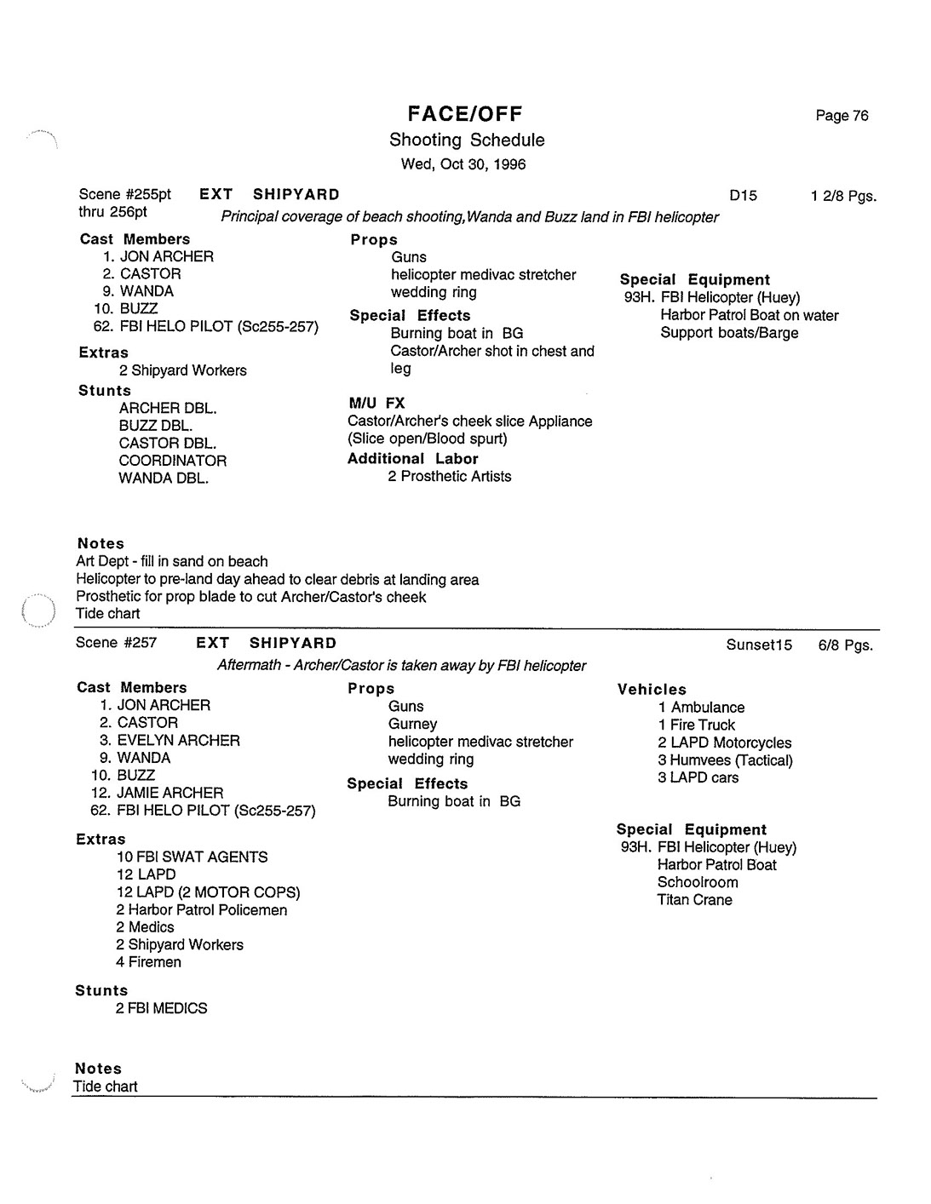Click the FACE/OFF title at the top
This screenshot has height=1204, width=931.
465,114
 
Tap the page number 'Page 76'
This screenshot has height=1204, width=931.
842,116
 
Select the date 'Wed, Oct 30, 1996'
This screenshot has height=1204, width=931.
463,164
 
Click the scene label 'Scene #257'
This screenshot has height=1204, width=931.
116,643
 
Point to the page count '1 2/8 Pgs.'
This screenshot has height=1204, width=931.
843,197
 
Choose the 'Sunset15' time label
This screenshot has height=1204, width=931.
759,645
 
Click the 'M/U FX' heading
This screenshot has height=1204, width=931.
376,403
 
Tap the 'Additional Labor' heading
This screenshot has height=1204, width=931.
412,459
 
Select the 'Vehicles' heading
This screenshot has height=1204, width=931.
652,690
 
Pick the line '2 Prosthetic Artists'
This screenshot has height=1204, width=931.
449,477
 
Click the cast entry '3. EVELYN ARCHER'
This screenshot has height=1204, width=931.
170,741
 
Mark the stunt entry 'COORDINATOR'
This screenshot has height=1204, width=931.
173,461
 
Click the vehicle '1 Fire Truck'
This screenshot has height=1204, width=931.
696,725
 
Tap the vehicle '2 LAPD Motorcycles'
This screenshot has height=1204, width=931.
724,743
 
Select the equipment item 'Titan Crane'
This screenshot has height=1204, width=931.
694,900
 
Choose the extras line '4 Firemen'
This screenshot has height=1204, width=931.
148,962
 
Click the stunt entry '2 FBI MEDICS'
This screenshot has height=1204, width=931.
161,1008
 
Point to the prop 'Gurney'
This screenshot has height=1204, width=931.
412,725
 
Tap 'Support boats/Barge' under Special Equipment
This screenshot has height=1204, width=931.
729,333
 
